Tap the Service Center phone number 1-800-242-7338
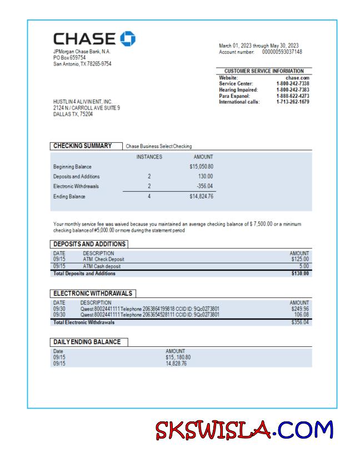293,83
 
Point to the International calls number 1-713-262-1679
293,102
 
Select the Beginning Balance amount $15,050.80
201,167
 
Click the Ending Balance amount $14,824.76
201,196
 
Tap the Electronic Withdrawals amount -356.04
203,186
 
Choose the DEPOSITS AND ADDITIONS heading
89,244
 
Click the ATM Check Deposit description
103,259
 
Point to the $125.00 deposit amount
299,259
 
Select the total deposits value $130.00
299,273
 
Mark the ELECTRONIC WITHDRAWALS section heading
93,292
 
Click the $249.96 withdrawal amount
299,308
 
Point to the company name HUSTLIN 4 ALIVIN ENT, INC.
83,102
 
